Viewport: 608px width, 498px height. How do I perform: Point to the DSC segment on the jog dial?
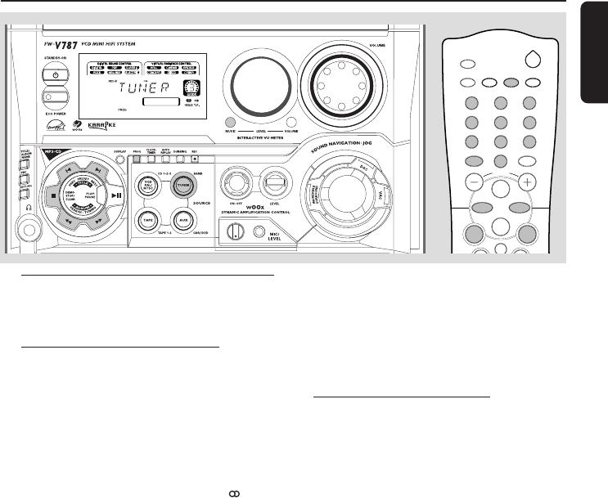pos(389,170)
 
